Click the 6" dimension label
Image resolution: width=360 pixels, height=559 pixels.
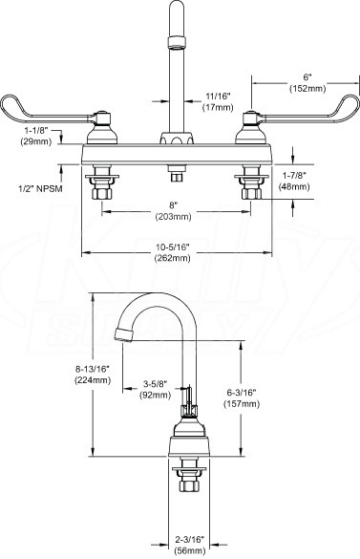point(307,77)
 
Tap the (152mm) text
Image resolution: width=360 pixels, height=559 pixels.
point(307,89)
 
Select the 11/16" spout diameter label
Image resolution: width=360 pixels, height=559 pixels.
point(218,96)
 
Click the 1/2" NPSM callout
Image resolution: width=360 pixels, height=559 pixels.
point(40,188)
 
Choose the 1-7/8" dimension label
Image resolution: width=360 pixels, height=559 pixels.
point(294,176)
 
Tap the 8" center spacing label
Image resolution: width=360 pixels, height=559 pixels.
point(173,205)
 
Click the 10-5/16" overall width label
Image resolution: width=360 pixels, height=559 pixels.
point(172,247)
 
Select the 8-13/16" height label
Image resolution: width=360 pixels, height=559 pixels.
point(93,370)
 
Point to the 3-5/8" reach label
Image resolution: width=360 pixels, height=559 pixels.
point(156,384)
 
